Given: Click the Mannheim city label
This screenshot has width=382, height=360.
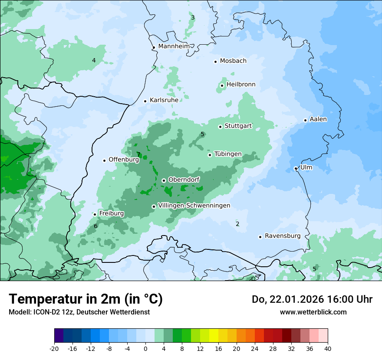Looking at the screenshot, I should (174, 46).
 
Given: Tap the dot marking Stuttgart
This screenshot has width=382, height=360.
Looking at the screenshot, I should (220, 127).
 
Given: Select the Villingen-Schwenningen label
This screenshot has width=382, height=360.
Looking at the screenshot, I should (194, 206).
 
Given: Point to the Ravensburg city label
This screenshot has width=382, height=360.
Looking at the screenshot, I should (283, 236).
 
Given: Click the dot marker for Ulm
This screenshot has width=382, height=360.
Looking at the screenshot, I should (296, 168).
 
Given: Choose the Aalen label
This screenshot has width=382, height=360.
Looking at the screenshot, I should (318, 119).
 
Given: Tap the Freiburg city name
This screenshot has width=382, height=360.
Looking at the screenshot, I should (111, 213).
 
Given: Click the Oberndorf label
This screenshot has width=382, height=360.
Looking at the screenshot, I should (184, 180).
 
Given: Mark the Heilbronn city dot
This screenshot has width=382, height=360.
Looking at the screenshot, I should (222, 85).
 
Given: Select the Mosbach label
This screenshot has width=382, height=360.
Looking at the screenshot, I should (233, 61).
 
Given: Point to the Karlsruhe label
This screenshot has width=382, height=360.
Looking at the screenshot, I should (164, 100).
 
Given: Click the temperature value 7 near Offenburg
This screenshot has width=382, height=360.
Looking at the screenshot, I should (138, 154).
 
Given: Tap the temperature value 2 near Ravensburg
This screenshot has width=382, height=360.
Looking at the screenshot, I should (237, 224).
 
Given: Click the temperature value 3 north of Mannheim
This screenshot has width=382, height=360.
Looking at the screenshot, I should (193, 17).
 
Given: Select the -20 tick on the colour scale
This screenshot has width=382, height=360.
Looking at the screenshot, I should (54, 348).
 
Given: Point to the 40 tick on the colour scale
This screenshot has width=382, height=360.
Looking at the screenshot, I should (327, 348).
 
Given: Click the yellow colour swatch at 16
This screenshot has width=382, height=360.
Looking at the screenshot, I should (214, 336).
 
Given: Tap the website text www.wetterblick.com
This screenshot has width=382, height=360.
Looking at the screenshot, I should (313, 312).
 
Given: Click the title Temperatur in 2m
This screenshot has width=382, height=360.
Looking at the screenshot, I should (86, 299).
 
